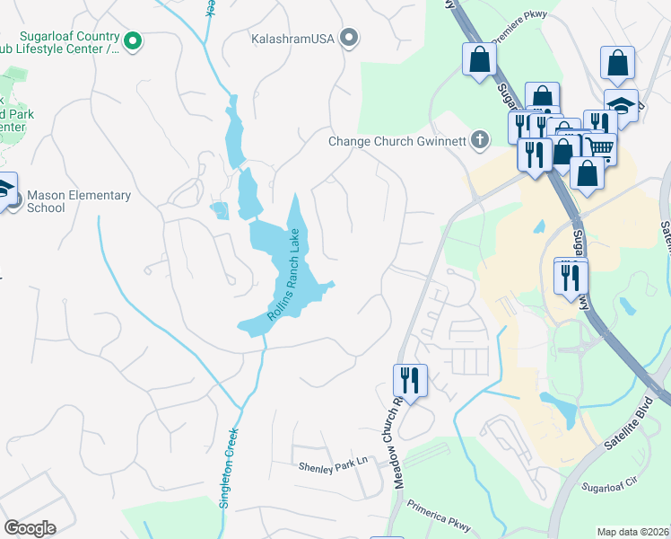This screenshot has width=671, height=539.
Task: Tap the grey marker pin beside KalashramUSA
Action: click(x=350, y=38)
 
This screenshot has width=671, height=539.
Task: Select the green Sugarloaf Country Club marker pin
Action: click(x=133, y=40)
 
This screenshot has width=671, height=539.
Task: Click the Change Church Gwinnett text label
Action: click(x=397, y=141)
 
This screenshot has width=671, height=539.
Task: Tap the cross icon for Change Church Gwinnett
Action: click(x=481, y=139)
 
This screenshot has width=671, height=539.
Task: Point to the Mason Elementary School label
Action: click(x=79, y=201)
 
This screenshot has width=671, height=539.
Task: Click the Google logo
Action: click(x=30, y=528)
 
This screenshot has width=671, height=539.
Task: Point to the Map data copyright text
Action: click(x=633, y=532)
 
